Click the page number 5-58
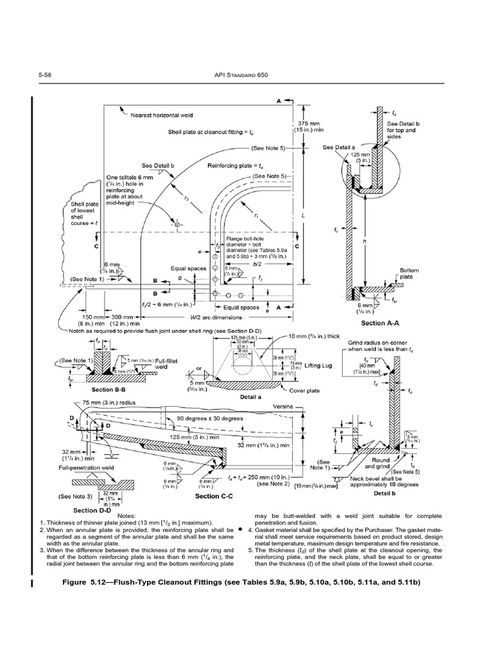tap(45, 75)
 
